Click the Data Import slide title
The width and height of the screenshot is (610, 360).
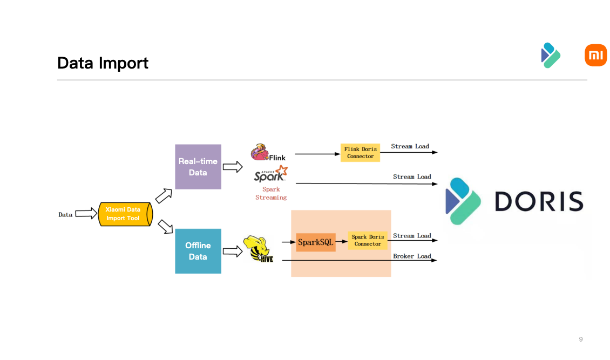point(103,63)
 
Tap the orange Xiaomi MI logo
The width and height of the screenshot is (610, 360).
point(595,56)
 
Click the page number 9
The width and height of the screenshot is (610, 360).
point(581,339)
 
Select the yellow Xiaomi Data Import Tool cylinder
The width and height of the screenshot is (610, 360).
point(124,214)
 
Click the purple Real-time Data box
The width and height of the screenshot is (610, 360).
point(198,167)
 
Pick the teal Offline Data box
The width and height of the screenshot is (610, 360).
point(198,251)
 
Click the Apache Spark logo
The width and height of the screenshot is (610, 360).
point(270,175)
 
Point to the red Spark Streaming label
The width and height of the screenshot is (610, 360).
point(271,193)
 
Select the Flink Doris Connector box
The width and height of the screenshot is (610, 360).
point(360,153)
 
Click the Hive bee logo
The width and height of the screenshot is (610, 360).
point(259,249)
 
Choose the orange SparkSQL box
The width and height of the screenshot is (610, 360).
point(316,242)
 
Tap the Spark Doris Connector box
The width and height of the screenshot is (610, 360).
point(368,241)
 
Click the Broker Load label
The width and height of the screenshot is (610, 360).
point(412,256)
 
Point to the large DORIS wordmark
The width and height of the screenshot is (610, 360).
point(539,201)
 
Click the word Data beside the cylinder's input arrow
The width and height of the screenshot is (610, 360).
point(65,214)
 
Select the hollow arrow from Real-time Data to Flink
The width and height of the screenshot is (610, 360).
point(233,167)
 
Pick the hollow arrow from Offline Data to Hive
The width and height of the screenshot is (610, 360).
point(233,251)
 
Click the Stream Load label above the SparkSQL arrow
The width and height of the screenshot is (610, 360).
point(412,236)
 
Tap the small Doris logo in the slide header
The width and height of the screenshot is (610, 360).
point(550,55)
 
